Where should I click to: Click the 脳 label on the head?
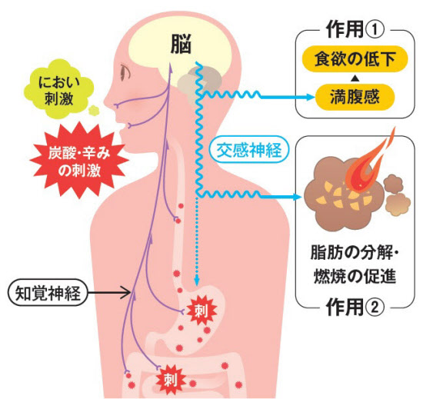(x=181, y=44)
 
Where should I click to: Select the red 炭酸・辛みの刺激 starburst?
(x=79, y=161)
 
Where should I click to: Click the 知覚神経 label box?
(x=48, y=292)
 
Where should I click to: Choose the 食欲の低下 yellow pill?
(x=355, y=59)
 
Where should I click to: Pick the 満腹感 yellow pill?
(x=355, y=97)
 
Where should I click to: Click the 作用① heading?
(x=355, y=29)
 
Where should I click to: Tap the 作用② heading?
(x=355, y=307)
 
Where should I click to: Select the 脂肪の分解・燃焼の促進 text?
(x=355, y=264)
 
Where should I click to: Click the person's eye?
(x=125, y=72)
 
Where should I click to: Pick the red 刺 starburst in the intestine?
(x=172, y=380)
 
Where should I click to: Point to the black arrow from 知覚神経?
(x=109, y=292)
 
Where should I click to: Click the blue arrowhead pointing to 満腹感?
(x=310, y=97)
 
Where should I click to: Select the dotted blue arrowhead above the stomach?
(x=197, y=281)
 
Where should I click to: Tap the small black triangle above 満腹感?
(x=355, y=78)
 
